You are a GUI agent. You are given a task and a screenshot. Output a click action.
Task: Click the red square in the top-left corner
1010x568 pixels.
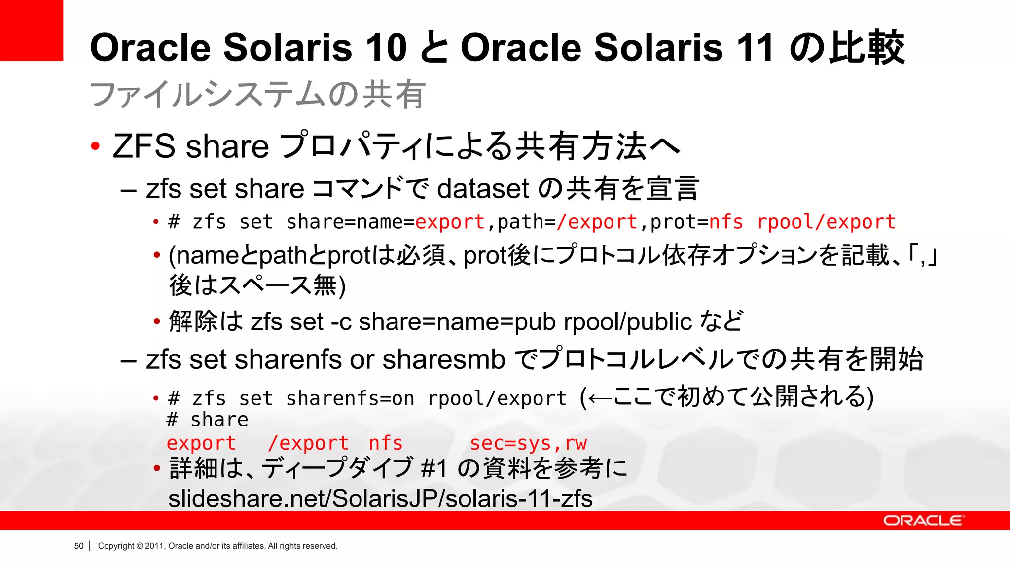coord(31,30)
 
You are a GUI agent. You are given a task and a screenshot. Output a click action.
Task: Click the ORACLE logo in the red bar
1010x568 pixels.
coord(922,521)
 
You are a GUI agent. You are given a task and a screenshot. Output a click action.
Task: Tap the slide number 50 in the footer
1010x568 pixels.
coord(79,546)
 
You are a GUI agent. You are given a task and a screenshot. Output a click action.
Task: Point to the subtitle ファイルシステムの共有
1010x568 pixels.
coord(257,95)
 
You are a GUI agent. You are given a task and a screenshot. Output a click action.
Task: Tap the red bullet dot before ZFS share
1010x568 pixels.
coord(95,146)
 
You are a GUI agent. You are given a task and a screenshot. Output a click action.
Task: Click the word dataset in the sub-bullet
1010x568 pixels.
coord(483,189)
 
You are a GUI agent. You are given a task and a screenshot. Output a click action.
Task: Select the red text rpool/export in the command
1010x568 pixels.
coord(826,222)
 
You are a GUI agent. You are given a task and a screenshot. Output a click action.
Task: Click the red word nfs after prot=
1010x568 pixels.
coord(725,222)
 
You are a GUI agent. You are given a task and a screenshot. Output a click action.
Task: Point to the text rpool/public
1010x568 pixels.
coord(628,322)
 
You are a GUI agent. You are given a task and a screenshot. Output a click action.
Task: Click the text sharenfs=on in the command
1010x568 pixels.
coord(350,398)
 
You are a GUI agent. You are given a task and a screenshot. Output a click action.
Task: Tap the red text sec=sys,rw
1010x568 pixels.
coord(528,443)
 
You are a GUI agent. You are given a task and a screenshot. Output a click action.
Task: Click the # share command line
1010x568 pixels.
coord(208,420)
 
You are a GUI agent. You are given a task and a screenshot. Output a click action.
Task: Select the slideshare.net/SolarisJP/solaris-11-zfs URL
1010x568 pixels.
coord(380,498)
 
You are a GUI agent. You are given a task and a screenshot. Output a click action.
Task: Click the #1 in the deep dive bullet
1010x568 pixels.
coord(434,468)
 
